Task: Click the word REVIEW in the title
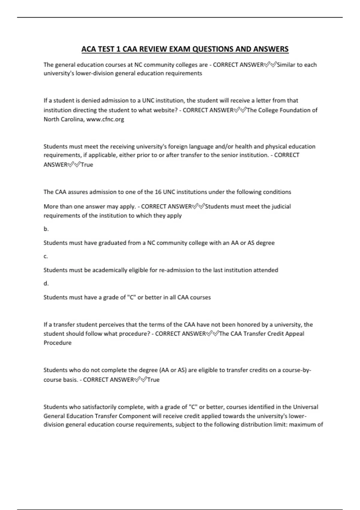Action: (152, 49)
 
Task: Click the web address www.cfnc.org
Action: (105, 119)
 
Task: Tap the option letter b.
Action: (46, 229)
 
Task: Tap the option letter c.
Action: (46, 256)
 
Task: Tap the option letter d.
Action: (46, 283)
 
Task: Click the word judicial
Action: (280, 206)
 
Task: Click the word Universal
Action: (305, 407)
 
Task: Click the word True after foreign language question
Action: (87, 165)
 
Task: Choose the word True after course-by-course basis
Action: (153, 380)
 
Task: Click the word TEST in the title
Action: (106, 49)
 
